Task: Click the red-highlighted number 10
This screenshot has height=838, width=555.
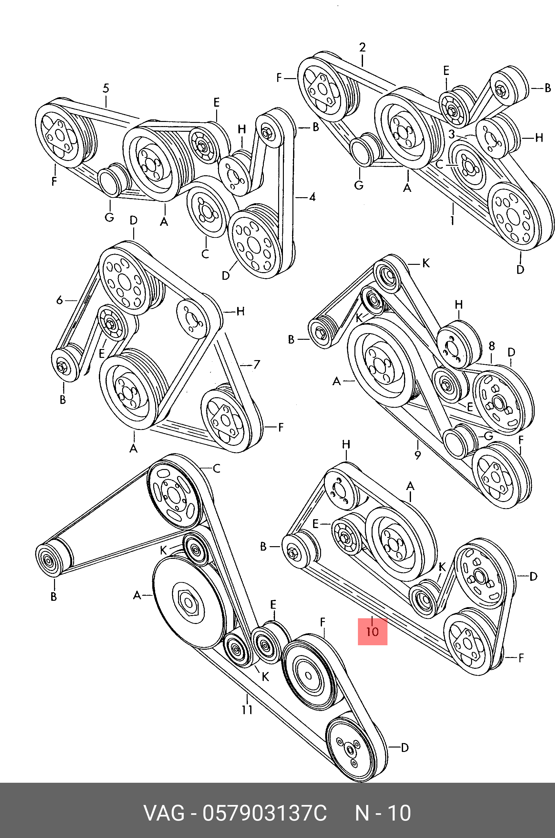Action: click(372, 632)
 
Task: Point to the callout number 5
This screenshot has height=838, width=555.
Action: click(106, 88)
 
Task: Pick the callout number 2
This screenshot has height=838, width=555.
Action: click(362, 47)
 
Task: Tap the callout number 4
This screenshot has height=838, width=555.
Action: click(312, 197)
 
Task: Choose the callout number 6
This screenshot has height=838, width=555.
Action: click(59, 300)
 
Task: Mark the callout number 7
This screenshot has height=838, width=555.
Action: click(257, 364)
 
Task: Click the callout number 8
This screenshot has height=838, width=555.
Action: click(492, 346)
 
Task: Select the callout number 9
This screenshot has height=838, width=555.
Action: click(418, 454)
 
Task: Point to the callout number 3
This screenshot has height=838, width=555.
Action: click(451, 134)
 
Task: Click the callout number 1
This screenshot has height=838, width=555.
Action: click(452, 220)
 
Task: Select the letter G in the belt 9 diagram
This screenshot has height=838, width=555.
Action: click(489, 436)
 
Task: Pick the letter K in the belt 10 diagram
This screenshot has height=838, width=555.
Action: click(442, 567)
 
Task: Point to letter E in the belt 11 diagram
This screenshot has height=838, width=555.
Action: click(273, 604)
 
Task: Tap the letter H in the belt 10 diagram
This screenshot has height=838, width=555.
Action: click(346, 445)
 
